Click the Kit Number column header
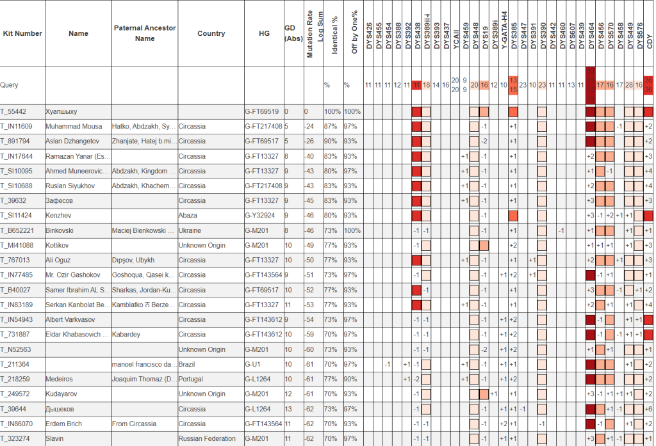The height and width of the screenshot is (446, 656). click(22, 33)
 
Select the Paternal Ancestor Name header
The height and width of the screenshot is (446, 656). click(145, 33)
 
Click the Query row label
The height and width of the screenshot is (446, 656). click(9, 84)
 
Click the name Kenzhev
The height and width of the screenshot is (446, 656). click(58, 215)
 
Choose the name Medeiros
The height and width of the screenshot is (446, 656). click(60, 379)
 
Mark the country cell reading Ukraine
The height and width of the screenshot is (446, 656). click(190, 230)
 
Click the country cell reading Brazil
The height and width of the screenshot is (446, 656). click(188, 364)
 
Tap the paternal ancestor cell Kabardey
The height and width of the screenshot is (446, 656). click(127, 334)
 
